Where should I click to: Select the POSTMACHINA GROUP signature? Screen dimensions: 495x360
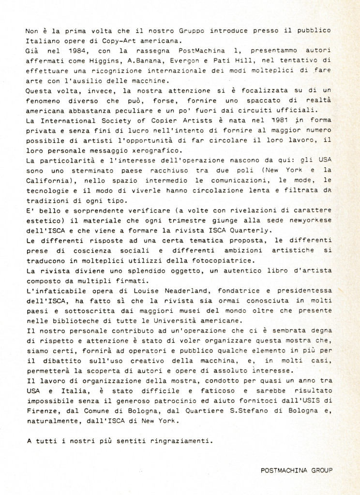[296, 469]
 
